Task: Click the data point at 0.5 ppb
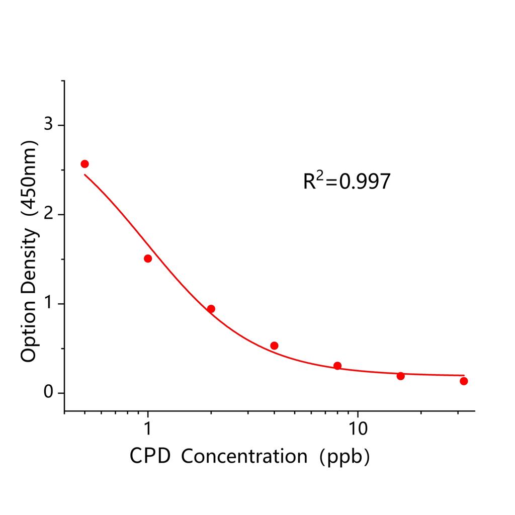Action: tap(84, 164)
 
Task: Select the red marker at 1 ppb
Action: tap(148, 259)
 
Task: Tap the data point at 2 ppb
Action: tap(211, 309)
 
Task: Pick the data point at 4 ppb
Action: tap(274, 346)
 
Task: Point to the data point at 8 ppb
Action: tap(337, 366)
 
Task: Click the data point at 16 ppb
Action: tap(400, 376)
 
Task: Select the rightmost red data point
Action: tap(464, 381)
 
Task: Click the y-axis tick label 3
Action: tap(49, 125)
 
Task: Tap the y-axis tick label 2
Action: tap(49, 214)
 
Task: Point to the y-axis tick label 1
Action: tap(49, 304)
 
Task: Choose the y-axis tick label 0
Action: tap(49, 393)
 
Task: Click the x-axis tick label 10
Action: tap(357, 429)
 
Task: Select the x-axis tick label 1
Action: tap(148, 429)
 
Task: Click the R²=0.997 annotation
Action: tap(347, 181)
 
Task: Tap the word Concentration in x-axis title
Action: tap(244, 456)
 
